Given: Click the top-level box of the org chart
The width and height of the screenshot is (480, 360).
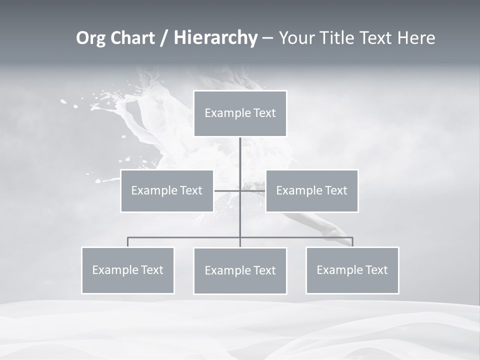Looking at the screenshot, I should pyautogui.click(x=240, y=113).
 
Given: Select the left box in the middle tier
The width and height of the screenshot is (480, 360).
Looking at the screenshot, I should pyautogui.click(x=167, y=190).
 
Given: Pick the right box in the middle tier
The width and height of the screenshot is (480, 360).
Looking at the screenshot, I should pyautogui.click(x=311, y=190).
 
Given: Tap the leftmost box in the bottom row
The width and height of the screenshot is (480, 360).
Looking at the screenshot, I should pyautogui.click(x=128, y=270).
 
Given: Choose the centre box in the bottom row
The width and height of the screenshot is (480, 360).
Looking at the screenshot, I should pyautogui.click(x=240, y=270).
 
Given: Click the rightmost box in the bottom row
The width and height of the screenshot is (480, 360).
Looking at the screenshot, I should pyautogui.click(x=352, y=270).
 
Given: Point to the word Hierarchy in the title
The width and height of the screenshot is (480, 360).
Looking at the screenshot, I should pyautogui.click(x=215, y=38).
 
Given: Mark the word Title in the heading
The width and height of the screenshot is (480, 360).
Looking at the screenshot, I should pyautogui.click(x=341, y=38).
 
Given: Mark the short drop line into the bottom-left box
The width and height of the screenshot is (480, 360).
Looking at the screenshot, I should pyautogui.click(x=128, y=242).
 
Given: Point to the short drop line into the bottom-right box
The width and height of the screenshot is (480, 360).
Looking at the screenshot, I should pyautogui.click(x=352, y=242).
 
